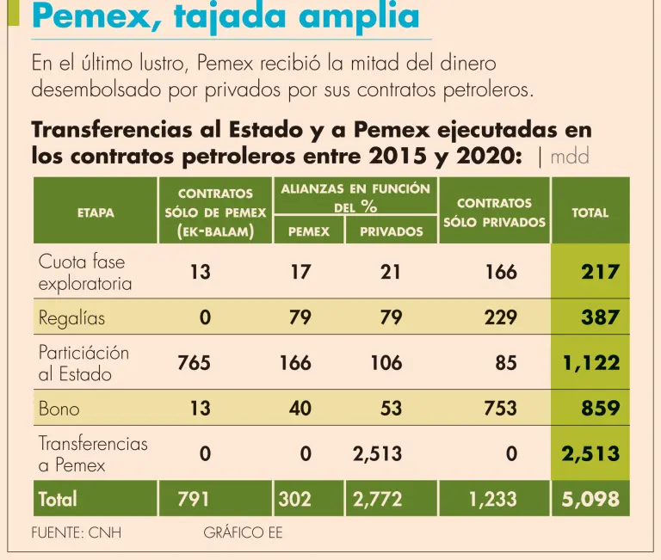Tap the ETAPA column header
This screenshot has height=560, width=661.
pyautogui.click(x=96, y=212)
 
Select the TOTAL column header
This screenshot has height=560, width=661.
pyautogui.click(x=590, y=212)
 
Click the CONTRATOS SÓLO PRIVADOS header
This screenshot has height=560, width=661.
pyautogui.click(x=494, y=212)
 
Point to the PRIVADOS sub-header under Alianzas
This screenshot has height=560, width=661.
pyautogui.click(x=392, y=231)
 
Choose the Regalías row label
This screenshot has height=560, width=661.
pyautogui.click(x=71, y=317)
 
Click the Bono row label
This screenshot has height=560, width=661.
pyautogui.click(x=59, y=409)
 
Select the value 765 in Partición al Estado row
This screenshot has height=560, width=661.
pyautogui.click(x=194, y=363)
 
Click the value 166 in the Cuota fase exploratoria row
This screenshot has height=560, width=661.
pyautogui.click(x=501, y=272)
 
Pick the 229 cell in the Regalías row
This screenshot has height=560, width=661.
pyautogui.click(x=501, y=317)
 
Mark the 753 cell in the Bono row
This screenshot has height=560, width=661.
pyautogui.click(x=501, y=409)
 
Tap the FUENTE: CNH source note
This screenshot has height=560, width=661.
pyautogui.click(x=77, y=532)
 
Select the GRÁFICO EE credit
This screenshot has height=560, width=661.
pyautogui.click(x=243, y=532)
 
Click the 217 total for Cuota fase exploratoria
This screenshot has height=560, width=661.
pyautogui.click(x=601, y=272)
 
